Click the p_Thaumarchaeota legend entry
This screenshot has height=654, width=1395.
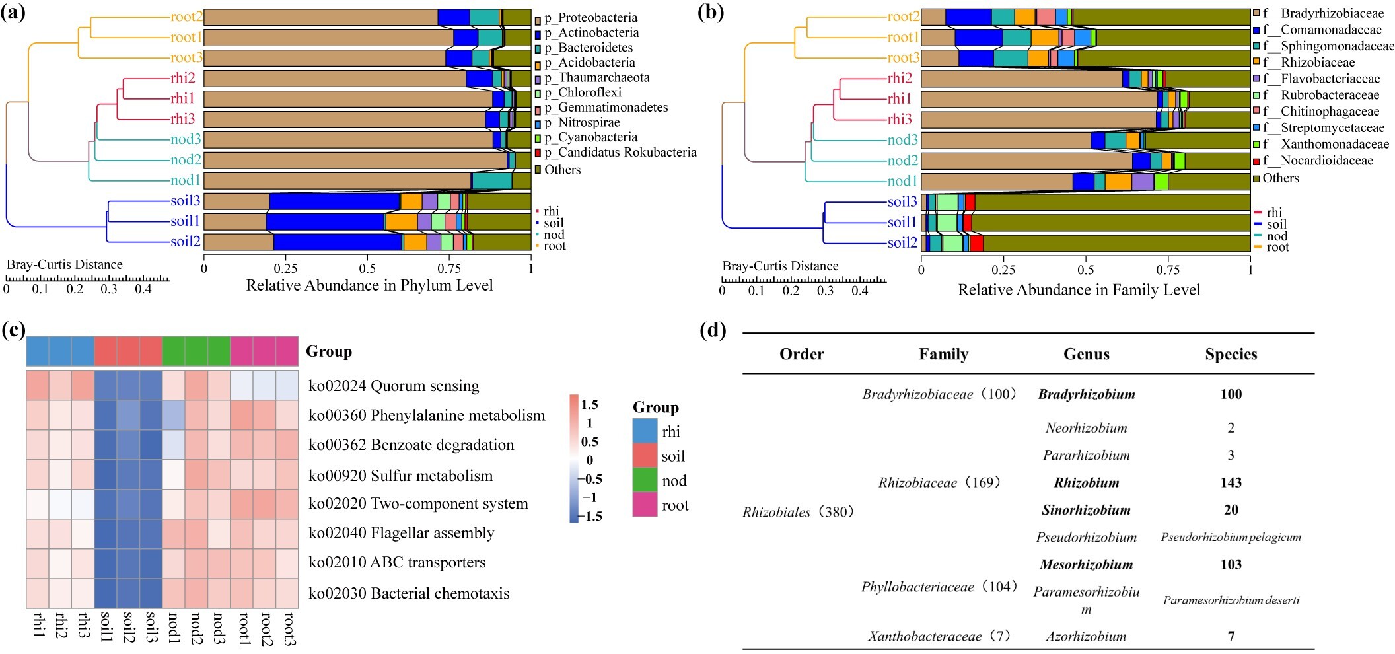(596, 78)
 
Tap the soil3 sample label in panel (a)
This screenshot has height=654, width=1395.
(185, 201)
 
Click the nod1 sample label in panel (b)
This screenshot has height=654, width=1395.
(902, 181)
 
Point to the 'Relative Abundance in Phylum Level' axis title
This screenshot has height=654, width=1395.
(369, 285)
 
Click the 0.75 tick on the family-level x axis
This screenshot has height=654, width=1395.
(1168, 270)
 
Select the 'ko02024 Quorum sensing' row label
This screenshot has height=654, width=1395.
(394, 386)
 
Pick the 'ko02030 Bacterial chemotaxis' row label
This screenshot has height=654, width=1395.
(409, 593)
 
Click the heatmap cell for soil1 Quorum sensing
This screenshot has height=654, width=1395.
(106, 386)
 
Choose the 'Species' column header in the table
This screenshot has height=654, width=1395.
(1231, 354)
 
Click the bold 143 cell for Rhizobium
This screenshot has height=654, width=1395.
(1231, 483)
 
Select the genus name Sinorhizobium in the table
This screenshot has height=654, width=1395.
(1086, 510)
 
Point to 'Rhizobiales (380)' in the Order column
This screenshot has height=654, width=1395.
(799, 512)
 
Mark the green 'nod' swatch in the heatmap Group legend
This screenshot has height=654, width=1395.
(645, 480)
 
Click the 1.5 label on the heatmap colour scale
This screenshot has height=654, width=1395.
(589, 404)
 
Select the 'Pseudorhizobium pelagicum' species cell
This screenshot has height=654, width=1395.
(1231, 537)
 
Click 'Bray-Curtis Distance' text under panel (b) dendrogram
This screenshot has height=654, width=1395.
(780, 266)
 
